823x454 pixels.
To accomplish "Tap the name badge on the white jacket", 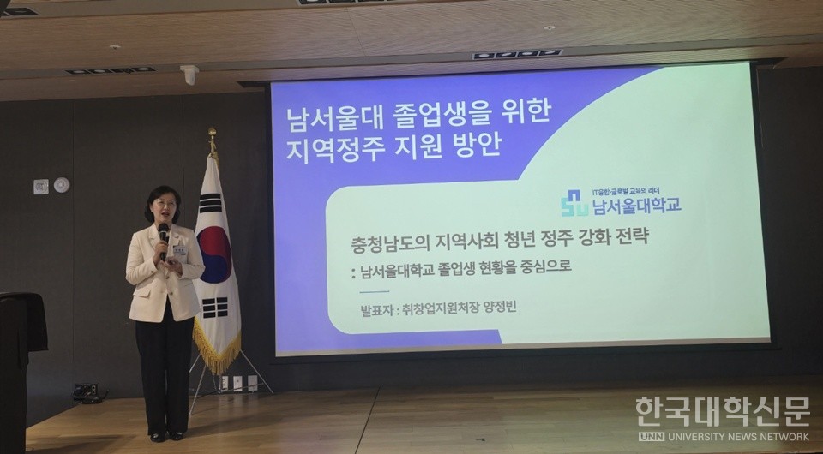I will (x=179, y=250).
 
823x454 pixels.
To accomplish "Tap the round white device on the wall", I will (x=61, y=184).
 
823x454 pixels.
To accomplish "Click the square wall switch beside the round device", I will (x=40, y=186).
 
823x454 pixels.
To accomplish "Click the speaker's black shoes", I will (x=166, y=436).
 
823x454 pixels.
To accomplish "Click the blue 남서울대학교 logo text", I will (x=635, y=206).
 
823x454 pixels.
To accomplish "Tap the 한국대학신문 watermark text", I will (x=722, y=410).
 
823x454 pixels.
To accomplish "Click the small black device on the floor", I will (x=85, y=391).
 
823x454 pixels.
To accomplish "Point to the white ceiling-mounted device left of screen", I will (x=189, y=75).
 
